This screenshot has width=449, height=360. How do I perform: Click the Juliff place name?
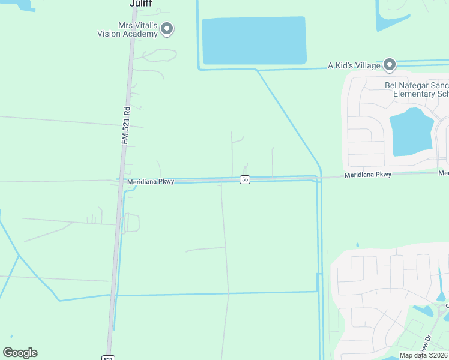pyautogui.click(x=141, y=3)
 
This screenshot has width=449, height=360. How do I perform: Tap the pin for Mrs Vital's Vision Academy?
pyautogui.click(x=167, y=28)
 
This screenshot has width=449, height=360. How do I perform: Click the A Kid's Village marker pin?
pyautogui.click(x=390, y=64)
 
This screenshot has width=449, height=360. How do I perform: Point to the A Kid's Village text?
pyautogui.click(x=354, y=66)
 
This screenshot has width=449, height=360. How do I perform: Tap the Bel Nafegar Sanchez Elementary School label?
pyautogui.click(x=418, y=89)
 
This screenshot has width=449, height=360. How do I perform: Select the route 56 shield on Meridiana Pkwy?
pyautogui.click(x=244, y=180)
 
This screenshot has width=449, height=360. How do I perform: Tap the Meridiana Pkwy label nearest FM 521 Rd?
pyautogui.click(x=150, y=181)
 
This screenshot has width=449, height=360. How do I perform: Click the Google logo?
pyautogui.click(x=20, y=353)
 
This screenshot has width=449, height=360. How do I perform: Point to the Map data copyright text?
pyautogui.click(x=424, y=355)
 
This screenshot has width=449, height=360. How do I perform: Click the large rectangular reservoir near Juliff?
pyautogui.click(x=254, y=40)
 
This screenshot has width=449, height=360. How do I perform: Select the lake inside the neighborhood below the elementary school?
pyautogui.click(x=411, y=133)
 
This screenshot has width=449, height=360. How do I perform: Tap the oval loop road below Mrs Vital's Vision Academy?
pyautogui.click(x=159, y=55)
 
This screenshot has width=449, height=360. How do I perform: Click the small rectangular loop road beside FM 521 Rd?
pyautogui.click(x=131, y=223)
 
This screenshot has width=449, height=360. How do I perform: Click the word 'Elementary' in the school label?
pyautogui.click(x=415, y=94)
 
